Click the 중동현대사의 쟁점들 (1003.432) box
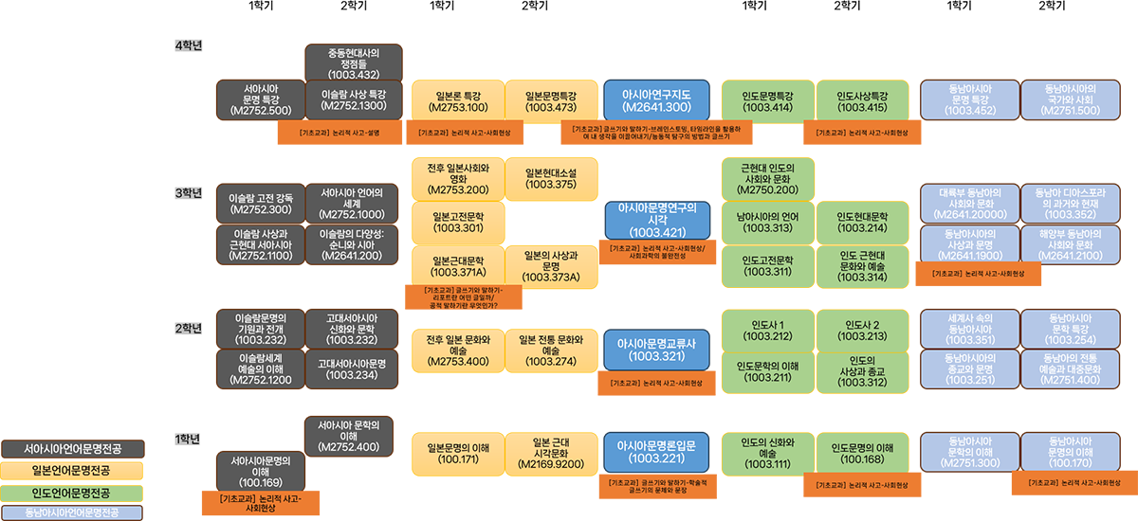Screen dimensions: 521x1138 click(x=354, y=62)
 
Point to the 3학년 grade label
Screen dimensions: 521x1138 click(x=190, y=193)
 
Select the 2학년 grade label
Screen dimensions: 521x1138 click(x=190, y=328)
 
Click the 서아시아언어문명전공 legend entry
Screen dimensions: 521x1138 click(x=72, y=448)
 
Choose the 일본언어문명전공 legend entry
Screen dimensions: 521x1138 click(x=72, y=470)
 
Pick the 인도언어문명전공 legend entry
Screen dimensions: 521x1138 click(x=72, y=493)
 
